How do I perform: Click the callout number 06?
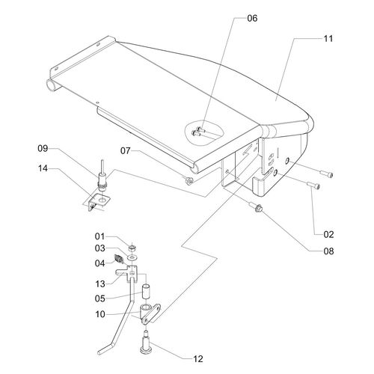pos(252,18)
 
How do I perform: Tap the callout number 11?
pos(328,39)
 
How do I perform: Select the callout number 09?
pos(43,148)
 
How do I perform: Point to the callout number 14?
pos(43,168)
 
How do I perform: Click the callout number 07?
pos(126,150)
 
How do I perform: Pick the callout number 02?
pos(328,234)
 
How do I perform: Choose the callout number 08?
pos(328,251)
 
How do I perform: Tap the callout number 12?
pos(198,359)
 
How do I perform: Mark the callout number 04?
pos(100,263)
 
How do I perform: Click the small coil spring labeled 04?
pos(119,259)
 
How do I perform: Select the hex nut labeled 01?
pos(132,248)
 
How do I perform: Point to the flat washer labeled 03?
pos(132,257)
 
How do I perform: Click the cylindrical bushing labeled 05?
pos(146,290)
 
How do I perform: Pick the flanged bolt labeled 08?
pos(255,207)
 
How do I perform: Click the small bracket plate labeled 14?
pos(99,200)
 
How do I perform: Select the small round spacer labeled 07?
pos(188,180)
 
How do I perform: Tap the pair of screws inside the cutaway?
pos(198,132)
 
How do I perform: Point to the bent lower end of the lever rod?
pos(106,349)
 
